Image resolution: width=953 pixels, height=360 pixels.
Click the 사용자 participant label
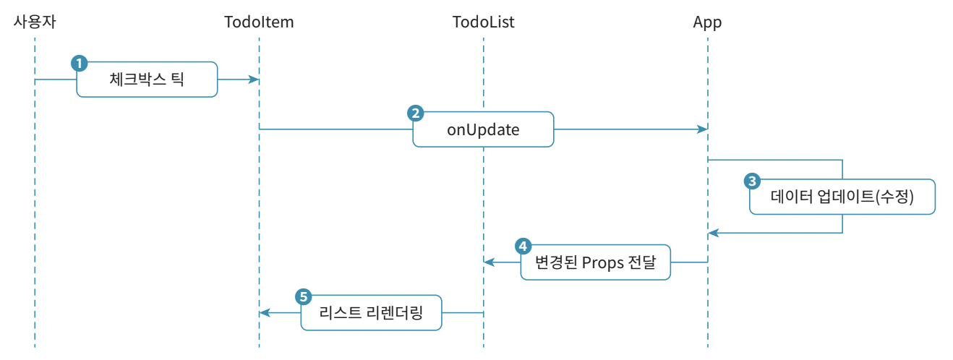coord(35,22)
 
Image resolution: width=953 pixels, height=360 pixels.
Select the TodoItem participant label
coord(259,22)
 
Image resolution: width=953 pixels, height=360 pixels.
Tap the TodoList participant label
coord(483,22)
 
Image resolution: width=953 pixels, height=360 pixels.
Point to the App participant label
coord(707,22)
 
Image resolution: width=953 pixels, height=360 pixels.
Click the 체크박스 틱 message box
coord(148,80)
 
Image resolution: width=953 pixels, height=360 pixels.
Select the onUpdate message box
coord(483,129)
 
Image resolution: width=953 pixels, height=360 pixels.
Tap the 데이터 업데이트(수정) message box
coord(842,197)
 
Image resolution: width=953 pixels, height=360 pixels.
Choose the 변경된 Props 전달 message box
coord(596,262)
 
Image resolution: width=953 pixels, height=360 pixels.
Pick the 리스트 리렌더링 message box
coord(372,313)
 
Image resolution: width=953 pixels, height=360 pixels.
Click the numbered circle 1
coord(79,64)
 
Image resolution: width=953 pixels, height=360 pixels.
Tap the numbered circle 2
coord(416,113)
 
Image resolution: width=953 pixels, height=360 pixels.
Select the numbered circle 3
coord(752,181)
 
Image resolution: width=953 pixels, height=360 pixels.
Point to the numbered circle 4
coord(523,246)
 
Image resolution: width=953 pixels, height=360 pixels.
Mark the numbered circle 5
coord(304,296)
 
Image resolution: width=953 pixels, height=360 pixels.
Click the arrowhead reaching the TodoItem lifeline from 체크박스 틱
coord(254,80)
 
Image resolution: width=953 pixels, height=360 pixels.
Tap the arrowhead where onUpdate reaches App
coord(702,129)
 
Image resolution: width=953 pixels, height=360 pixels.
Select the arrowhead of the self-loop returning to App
coord(714,233)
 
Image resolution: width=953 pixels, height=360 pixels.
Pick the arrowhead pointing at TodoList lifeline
coord(490,262)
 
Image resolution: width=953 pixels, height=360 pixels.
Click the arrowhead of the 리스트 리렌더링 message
coord(265,313)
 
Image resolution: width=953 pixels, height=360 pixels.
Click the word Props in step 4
coord(601,263)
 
